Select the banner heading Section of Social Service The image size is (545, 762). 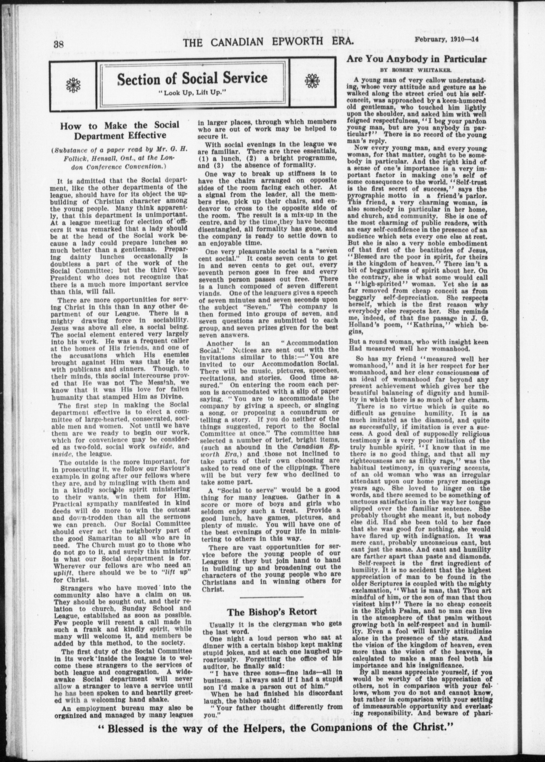click(192, 78)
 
